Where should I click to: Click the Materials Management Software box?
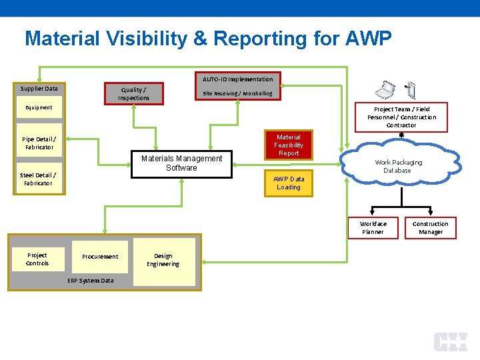tap(181, 164)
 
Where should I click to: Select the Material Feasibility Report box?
tap(289, 145)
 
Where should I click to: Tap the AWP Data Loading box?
tap(289, 183)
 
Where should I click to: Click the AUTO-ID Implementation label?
tap(237, 79)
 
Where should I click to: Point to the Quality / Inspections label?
tap(133, 94)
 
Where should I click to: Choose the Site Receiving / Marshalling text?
tap(237, 93)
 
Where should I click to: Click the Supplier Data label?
tap(39, 89)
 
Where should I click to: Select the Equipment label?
tap(39, 107)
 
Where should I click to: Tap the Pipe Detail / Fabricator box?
tap(39, 143)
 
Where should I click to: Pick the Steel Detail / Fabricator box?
tap(38, 179)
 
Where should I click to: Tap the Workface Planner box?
tap(373, 228)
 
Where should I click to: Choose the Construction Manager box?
tap(430, 228)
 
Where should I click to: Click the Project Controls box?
tap(37, 259)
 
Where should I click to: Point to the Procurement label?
tap(100, 257)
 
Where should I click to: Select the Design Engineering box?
tap(163, 260)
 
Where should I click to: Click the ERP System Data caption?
tap(91, 281)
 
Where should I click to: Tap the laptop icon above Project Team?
tap(385, 90)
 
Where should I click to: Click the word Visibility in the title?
tap(140, 39)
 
